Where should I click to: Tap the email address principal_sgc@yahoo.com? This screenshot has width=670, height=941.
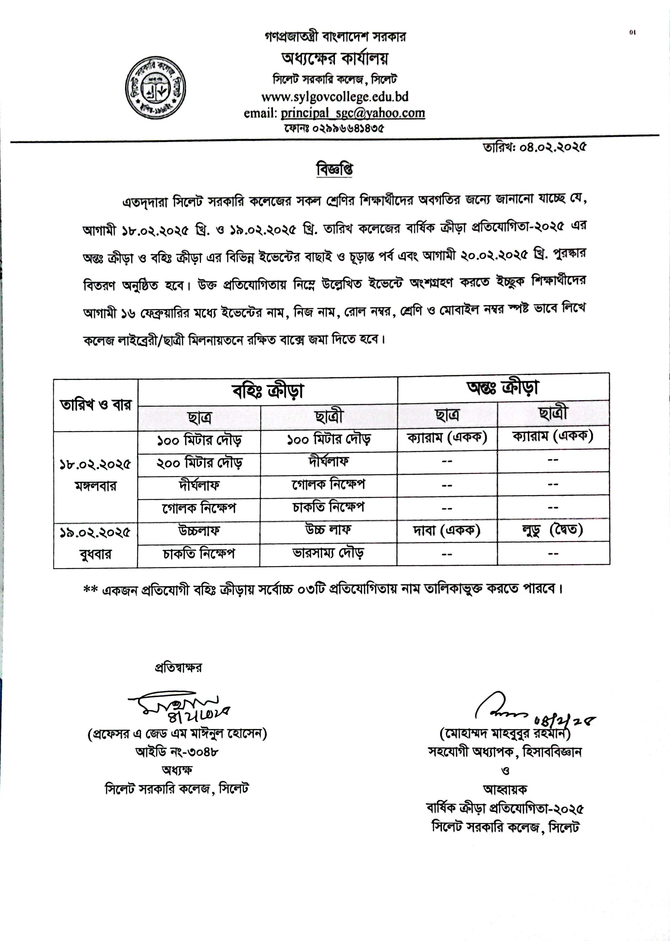353,113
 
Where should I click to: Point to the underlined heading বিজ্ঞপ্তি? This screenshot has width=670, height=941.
335,169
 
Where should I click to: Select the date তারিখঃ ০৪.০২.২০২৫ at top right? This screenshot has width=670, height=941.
535,147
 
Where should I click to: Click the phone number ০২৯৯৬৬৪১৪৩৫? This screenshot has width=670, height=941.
334,128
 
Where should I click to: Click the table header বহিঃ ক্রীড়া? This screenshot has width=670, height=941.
268,391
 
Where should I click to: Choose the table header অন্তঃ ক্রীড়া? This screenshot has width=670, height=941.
503,387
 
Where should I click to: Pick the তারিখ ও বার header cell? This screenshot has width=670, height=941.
96,405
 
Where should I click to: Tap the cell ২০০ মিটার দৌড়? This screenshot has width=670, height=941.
199,464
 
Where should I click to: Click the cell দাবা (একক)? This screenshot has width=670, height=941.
447,530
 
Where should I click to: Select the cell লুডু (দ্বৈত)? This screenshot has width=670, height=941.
553,529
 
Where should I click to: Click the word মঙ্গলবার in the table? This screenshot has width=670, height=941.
95,486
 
